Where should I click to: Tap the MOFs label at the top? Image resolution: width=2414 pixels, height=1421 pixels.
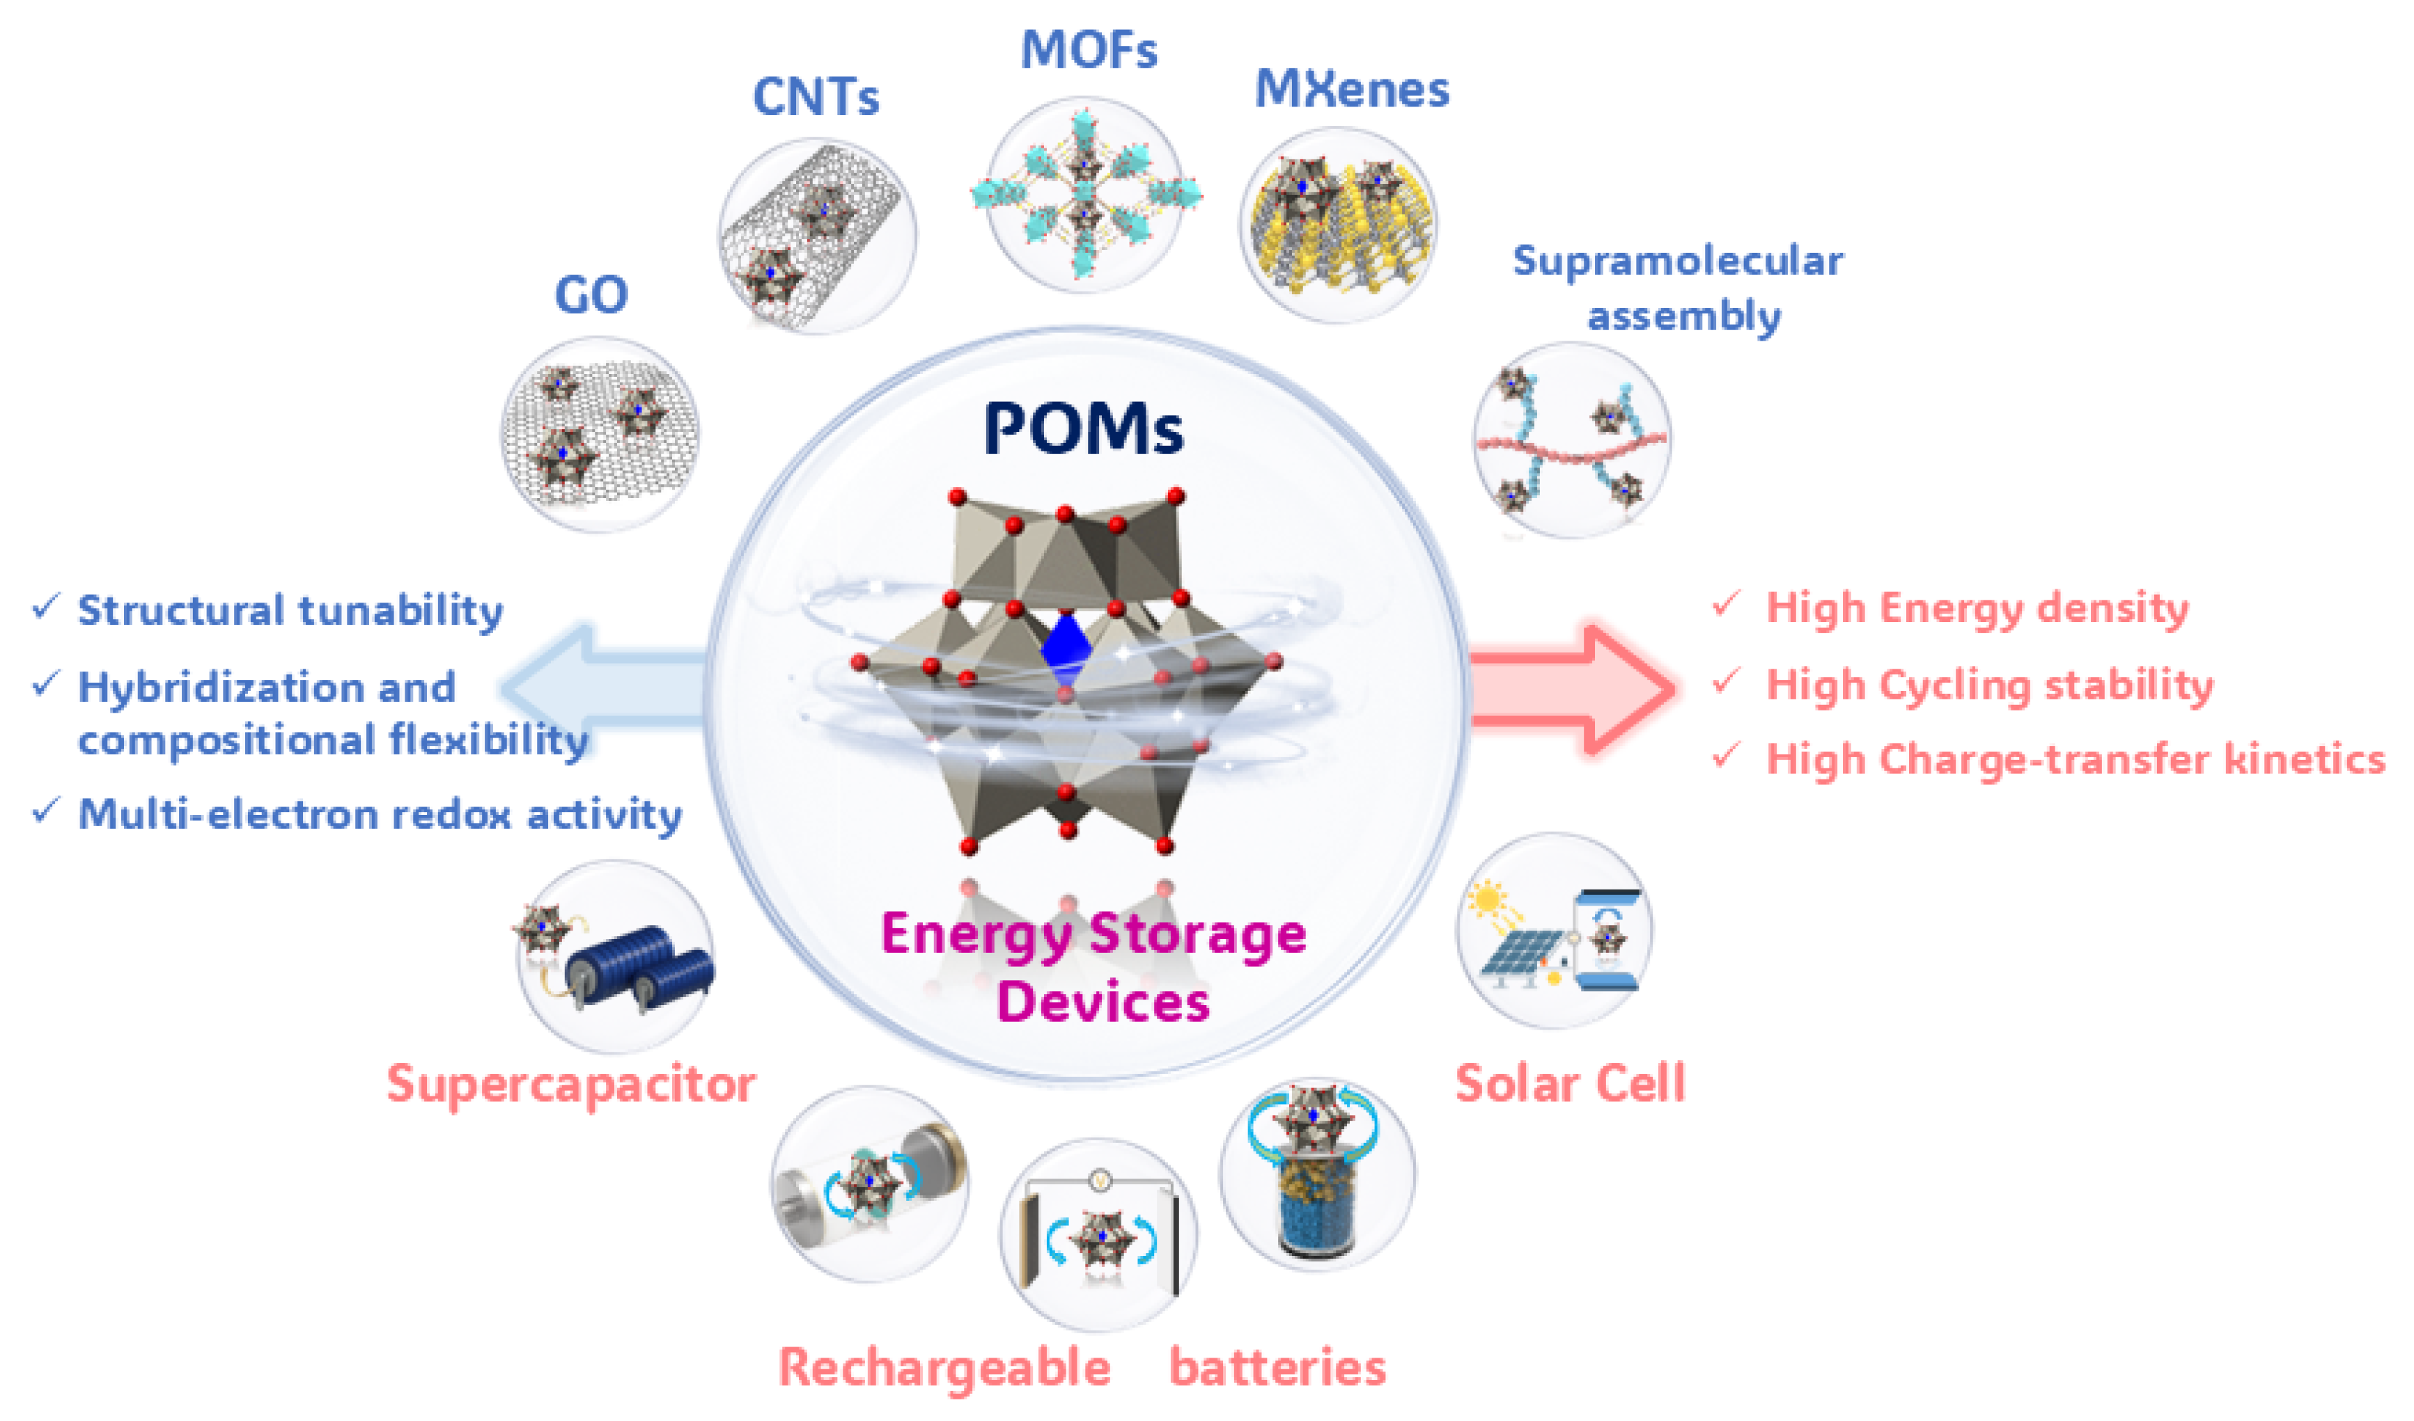pyautogui.click(x=1089, y=50)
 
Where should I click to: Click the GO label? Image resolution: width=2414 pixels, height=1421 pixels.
pyautogui.click(x=591, y=294)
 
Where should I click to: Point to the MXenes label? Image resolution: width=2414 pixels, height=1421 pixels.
pyautogui.click(x=1352, y=89)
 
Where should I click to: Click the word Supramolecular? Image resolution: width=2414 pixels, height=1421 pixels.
pyautogui.click(x=1677, y=261)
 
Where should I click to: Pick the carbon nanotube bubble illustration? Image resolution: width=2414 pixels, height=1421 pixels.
pyautogui.click(x=817, y=235)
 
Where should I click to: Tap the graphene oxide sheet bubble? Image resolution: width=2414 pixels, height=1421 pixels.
pyautogui.click(x=600, y=434)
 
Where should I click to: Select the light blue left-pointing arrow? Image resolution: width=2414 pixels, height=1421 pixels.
pyautogui.click(x=603, y=686)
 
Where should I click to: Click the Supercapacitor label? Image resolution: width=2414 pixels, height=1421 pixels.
pyautogui.click(x=571, y=1085)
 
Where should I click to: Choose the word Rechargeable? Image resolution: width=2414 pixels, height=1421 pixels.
pyautogui.click(x=944, y=1367)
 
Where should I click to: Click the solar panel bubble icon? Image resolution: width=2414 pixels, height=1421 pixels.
pyautogui.click(x=1555, y=931)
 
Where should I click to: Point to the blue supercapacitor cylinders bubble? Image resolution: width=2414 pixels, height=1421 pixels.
pyautogui.click(x=616, y=956)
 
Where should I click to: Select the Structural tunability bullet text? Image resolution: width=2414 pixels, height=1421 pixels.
pyautogui.click(x=290, y=610)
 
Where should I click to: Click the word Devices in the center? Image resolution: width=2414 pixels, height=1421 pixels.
pyautogui.click(x=1103, y=1002)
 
